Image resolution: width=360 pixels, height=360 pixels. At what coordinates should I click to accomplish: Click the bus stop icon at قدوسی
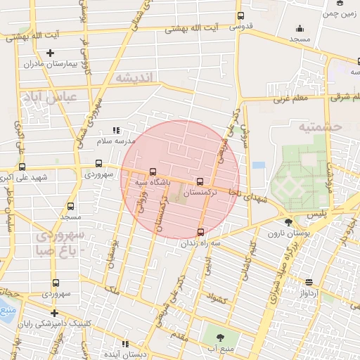241,15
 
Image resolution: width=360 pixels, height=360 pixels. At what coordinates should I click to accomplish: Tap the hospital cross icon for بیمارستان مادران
50,53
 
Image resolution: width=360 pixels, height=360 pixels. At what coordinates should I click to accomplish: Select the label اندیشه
134,77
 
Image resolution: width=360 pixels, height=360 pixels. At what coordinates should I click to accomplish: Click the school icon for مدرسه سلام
116,130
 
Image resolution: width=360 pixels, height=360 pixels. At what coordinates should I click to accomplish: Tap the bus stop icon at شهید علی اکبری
22,167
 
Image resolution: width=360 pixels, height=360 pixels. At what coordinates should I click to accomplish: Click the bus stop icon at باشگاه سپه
153,171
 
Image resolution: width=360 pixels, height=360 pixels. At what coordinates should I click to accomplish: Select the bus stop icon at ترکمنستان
202,181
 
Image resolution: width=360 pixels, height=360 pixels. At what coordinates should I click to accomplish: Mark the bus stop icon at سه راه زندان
202,231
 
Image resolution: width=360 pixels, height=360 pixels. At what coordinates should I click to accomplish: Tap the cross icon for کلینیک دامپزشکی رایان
54,313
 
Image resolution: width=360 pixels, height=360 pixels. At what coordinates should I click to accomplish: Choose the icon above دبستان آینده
125,344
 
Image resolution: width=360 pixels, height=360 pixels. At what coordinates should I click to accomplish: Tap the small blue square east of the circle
259,165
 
